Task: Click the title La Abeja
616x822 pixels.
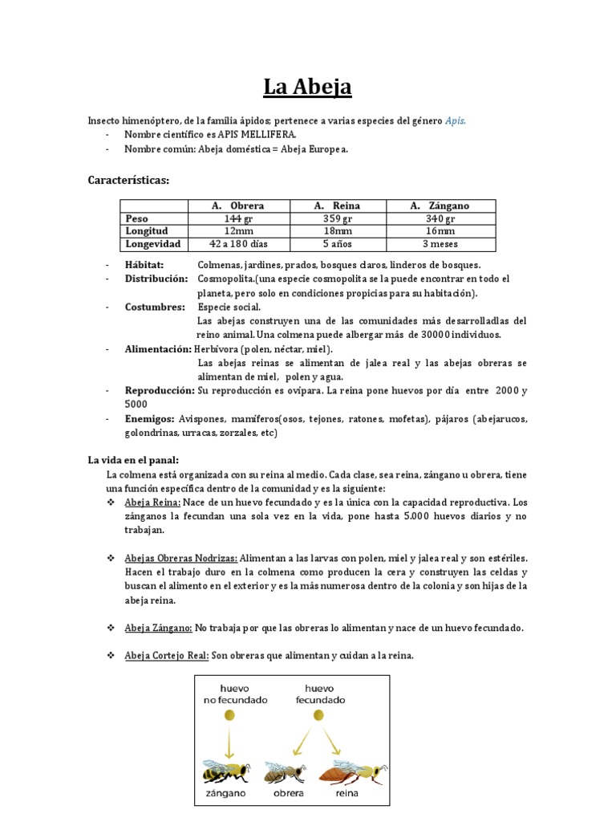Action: (308, 86)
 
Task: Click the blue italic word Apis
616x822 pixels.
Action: (455, 120)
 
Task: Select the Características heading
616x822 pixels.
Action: (128, 181)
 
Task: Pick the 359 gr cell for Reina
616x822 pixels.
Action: (338, 218)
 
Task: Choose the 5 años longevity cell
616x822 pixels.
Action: (338, 243)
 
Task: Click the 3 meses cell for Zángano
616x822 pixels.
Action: (440, 243)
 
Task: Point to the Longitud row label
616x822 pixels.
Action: (146, 231)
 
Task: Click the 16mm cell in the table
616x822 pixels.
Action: (440, 231)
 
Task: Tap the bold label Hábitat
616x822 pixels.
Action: (144, 264)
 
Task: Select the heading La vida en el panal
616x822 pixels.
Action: (133, 460)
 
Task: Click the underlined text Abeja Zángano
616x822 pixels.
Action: (158, 628)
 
